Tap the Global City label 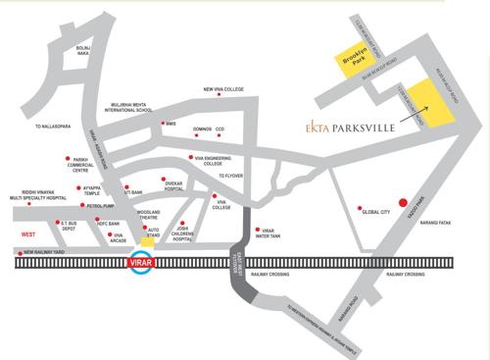(377, 211)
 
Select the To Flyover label (235, 175)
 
